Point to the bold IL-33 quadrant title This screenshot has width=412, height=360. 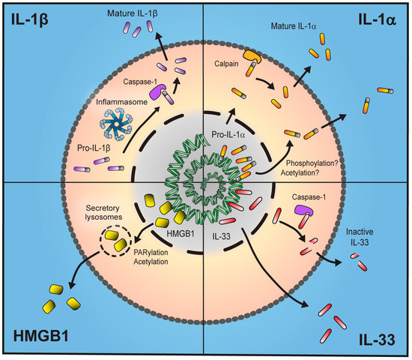[378, 337]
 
